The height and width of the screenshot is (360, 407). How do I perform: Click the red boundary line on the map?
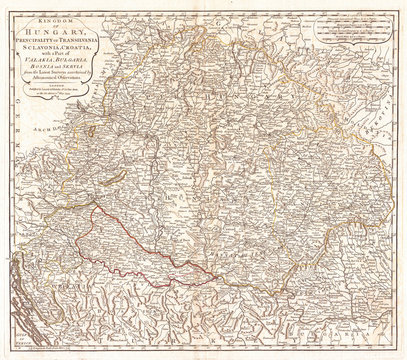tap(110, 240)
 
